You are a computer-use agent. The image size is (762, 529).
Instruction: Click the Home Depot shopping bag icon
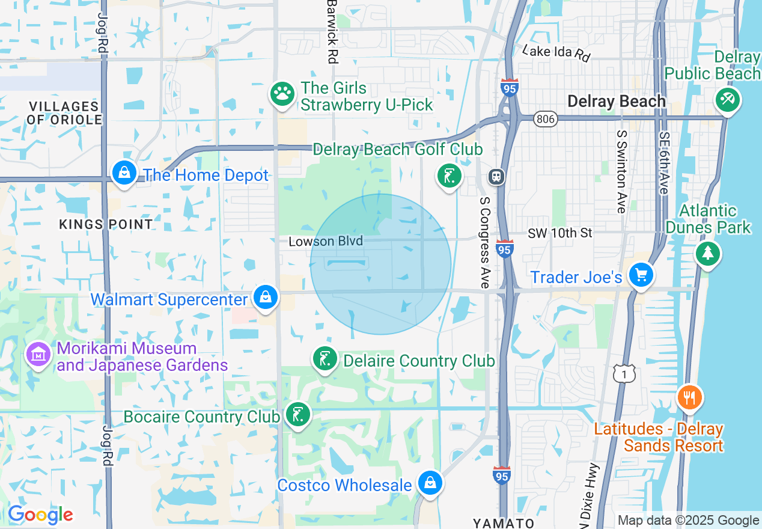124,173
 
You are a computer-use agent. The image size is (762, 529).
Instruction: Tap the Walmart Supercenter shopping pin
265,298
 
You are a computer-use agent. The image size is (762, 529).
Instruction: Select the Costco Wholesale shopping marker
430,483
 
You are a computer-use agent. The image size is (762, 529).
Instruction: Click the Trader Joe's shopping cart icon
641,275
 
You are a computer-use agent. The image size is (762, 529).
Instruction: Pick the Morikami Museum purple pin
38,355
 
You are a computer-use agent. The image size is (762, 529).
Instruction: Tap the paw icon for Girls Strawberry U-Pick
282,94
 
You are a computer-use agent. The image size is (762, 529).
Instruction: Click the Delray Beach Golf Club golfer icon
449,176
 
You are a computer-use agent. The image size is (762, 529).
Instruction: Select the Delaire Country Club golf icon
325,359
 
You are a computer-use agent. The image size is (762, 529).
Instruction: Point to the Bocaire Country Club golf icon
297,415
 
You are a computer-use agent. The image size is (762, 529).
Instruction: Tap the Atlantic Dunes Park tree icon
708,254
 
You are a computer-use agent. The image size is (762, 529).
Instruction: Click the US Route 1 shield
624,374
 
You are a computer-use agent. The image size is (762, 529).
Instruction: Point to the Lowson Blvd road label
326,241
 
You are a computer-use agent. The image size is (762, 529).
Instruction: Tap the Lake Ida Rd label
556,53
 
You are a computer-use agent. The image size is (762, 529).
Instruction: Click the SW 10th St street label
559,233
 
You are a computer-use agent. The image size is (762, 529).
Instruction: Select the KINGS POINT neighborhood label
106,224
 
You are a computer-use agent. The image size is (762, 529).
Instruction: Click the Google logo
40,515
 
